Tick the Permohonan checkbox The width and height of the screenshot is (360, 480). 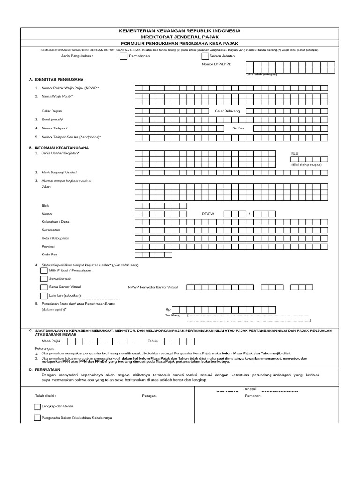tap(123, 56)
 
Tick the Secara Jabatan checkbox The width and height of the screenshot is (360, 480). tap(205, 56)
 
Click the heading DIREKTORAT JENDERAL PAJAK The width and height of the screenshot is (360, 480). tap(180, 36)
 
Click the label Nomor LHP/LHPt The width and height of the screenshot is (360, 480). tap(216, 65)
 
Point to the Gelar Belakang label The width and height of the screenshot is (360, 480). tap(227, 111)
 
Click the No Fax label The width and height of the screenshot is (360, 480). tap(238, 128)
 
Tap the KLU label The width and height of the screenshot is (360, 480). tap(294, 153)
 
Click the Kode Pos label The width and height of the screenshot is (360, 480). tap(49, 255)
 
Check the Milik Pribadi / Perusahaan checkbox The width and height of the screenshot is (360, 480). tap(44, 270)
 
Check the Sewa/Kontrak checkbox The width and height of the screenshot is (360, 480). tap(44, 278)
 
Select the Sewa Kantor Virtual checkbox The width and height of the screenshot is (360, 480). tap(44, 287)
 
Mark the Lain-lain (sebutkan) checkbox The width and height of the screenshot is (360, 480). tap(44, 295)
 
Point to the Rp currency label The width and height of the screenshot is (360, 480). tap(168, 309)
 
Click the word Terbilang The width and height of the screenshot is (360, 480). tap(173, 315)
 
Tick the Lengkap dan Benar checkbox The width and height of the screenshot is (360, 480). tap(37, 406)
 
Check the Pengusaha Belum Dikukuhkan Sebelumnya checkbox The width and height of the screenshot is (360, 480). tap(37, 417)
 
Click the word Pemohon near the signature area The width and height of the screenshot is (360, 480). tap(253, 396)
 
